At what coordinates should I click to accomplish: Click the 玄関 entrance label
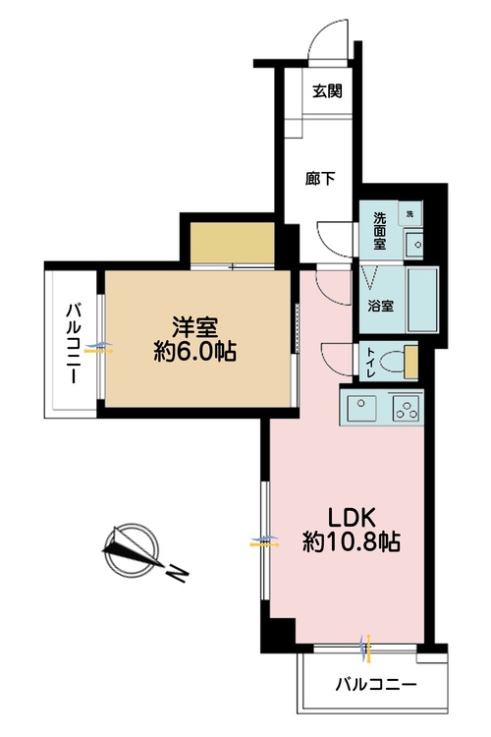click(x=327, y=90)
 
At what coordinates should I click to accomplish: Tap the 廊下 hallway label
click(x=319, y=179)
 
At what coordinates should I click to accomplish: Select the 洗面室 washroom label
click(x=380, y=231)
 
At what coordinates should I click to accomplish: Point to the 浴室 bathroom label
click(x=380, y=306)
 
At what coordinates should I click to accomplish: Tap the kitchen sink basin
click(x=360, y=407)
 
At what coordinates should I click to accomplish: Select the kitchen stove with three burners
click(x=407, y=408)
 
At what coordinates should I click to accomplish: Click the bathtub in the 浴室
click(x=423, y=300)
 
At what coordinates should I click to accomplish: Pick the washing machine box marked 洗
click(x=409, y=214)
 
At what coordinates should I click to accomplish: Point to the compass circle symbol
click(x=131, y=551)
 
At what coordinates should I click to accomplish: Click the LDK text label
click(x=351, y=518)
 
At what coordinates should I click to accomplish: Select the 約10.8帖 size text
click(x=351, y=541)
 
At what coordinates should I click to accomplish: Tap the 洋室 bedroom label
click(x=194, y=327)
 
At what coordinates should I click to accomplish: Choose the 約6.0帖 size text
click(x=194, y=351)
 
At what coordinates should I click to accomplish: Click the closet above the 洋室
click(x=232, y=244)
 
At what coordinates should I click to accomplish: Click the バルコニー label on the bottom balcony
click(x=375, y=685)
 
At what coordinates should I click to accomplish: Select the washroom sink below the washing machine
click(x=414, y=245)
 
